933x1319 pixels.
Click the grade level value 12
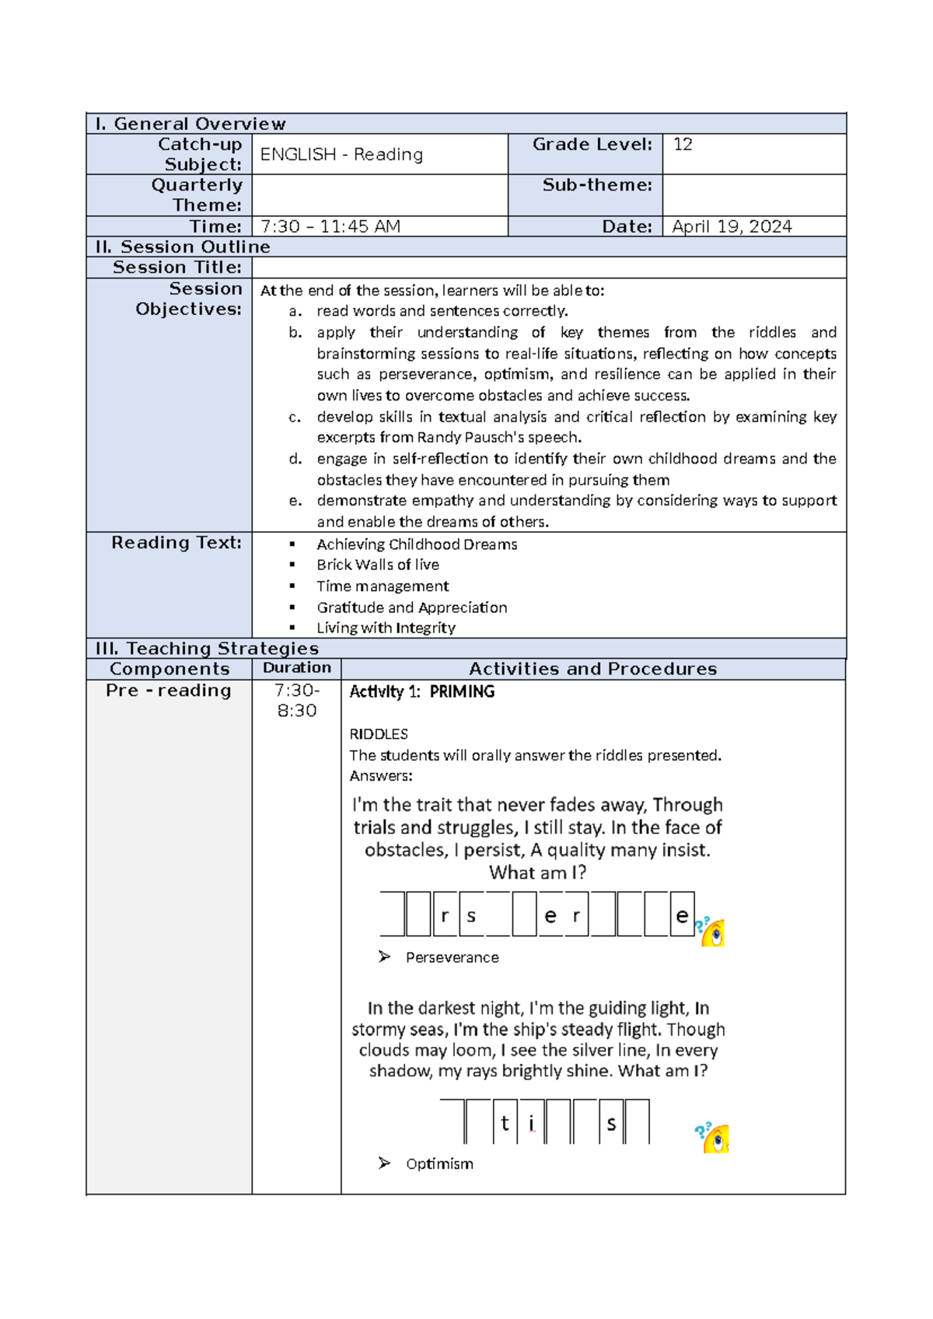pyautogui.click(x=683, y=145)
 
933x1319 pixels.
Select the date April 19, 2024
pyautogui.click(x=731, y=226)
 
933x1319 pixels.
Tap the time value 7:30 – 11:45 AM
pyautogui.click(x=330, y=226)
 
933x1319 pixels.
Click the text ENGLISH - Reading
pyautogui.click(x=341, y=154)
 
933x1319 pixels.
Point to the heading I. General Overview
pyautogui.click(x=190, y=124)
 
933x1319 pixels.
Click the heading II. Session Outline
pyautogui.click(x=183, y=247)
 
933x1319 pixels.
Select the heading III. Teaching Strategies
pyautogui.click(x=207, y=649)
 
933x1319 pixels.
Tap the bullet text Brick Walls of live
pyautogui.click(x=378, y=565)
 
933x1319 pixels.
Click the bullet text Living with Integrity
pyautogui.click(x=386, y=628)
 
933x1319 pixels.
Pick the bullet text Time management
pyautogui.click(x=383, y=586)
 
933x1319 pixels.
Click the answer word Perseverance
pyautogui.click(x=452, y=957)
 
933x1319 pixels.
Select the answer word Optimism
pyautogui.click(x=439, y=1163)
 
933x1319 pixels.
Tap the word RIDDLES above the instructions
pyautogui.click(x=379, y=734)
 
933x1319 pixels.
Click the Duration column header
pyautogui.click(x=296, y=668)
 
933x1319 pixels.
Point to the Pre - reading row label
pyautogui.click(x=169, y=691)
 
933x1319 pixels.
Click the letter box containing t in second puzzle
pyautogui.click(x=505, y=1122)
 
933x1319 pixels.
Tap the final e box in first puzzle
pyautogui.click(x=681, y=915)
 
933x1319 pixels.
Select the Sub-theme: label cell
pyautogui.click(x=596, y=185)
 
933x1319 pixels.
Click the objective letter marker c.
pyautogui.click(x=295, y=417)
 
